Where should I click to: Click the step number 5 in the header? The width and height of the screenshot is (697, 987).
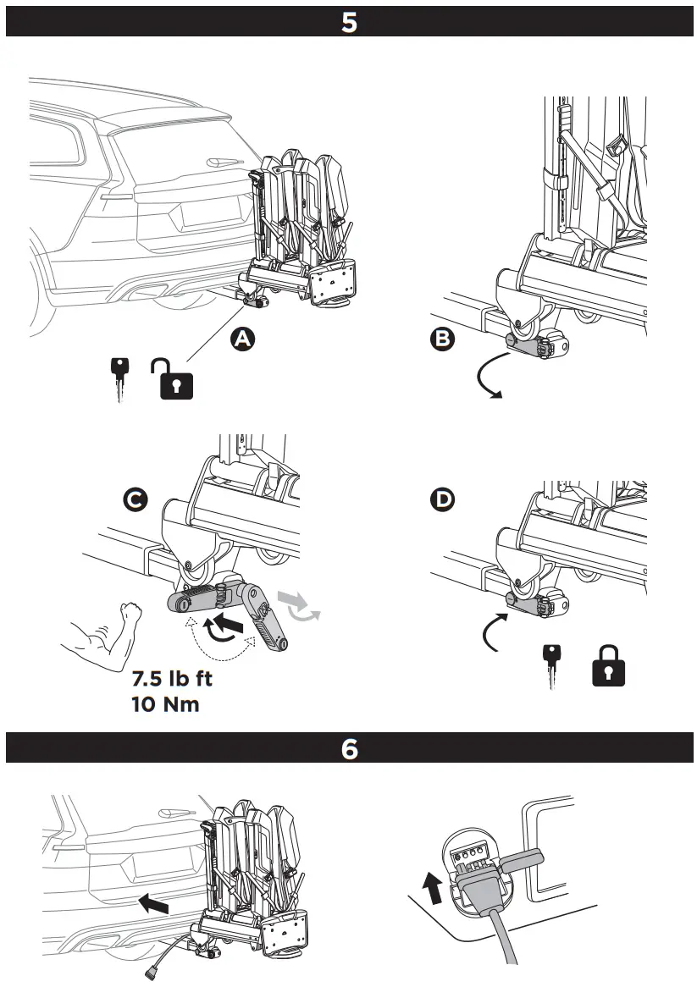349,21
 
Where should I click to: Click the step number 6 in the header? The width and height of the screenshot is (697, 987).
349,748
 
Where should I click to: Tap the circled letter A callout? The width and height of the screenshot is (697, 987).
243,339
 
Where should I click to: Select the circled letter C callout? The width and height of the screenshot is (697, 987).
134,500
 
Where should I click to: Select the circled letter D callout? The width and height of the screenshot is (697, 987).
442,500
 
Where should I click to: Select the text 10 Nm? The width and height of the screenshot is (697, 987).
165,704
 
